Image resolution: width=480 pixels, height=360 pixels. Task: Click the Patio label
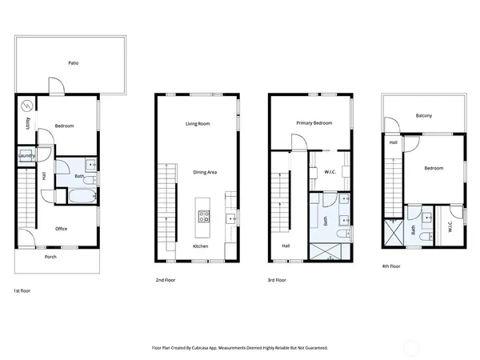point(73,62)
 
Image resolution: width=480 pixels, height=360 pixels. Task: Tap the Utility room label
point(28,123)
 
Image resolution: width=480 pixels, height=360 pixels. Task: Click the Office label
point(61,229)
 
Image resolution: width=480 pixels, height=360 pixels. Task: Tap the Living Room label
point(198,123)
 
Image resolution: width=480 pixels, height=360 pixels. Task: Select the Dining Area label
point(205,172)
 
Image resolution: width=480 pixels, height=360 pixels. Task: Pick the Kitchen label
point(201,246)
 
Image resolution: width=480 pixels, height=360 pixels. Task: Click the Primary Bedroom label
point(314,123)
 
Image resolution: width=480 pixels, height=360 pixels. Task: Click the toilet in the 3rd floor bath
point(342,233)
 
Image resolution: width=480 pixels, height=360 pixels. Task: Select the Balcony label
point(424,116)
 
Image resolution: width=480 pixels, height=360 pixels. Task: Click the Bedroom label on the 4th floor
point(434,169)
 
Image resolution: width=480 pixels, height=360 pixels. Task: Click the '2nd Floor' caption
point(166,281)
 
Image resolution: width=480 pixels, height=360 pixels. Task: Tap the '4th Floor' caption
point(392,266)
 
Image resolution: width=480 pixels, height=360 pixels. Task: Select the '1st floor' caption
point(24,290)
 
